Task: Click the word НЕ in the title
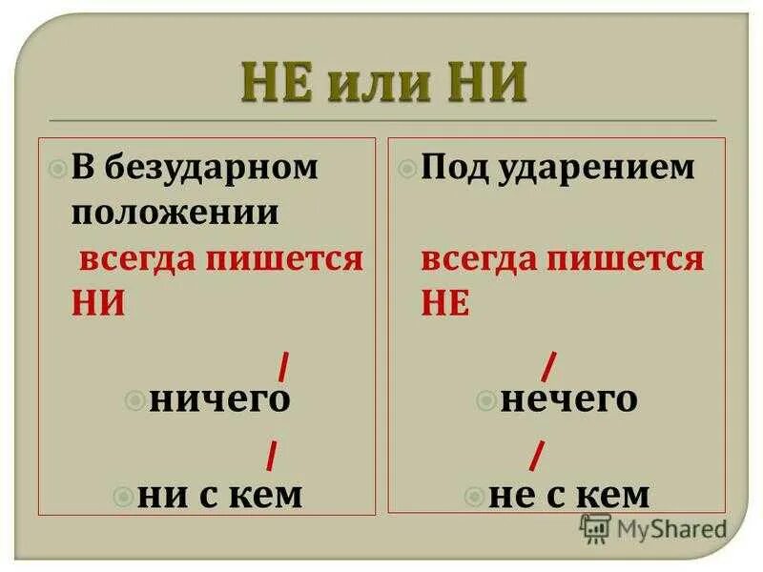click(x=278, y=83)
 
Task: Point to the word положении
click(x=175, y=212)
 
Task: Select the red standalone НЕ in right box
click(x=444, y=301)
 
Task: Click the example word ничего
click(x=219, y=399)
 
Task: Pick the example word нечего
click(x=569, y=399)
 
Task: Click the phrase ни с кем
click(x=220, y=496)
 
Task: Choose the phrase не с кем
click(x=569, y=496)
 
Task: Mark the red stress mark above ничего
click(x=284, y=366)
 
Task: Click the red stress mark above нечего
click(x=550, y=366)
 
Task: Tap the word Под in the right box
click(x=453, y=169)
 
